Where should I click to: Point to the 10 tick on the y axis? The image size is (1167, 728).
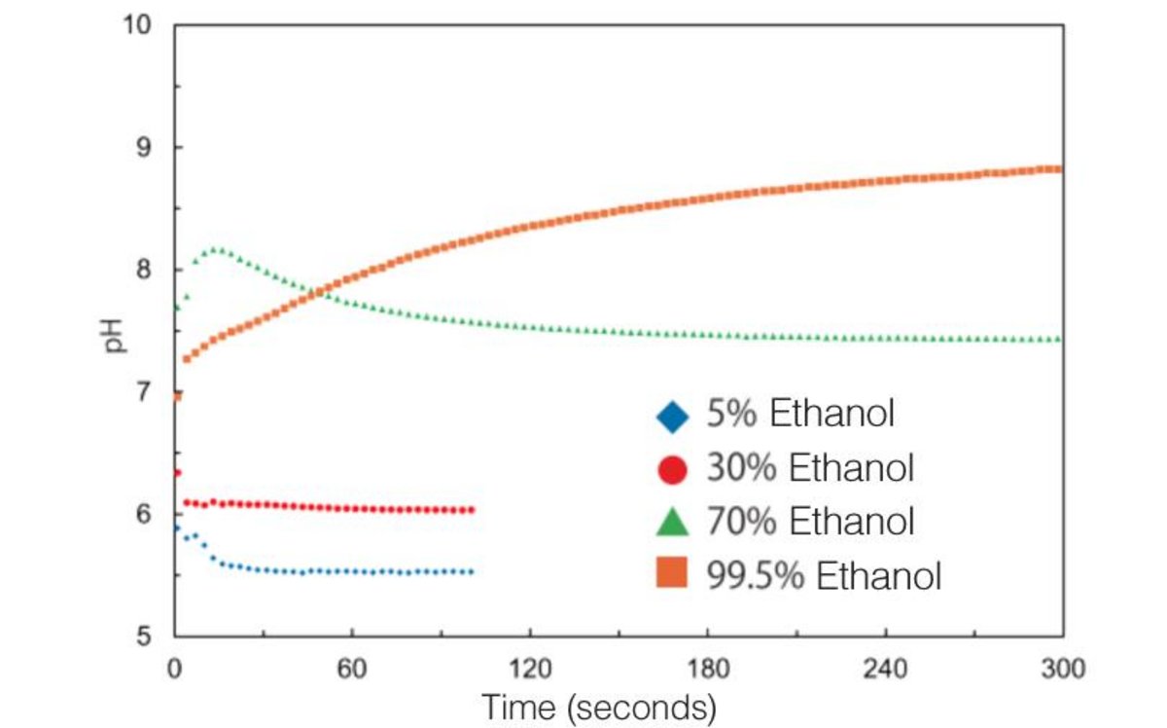coord(138,24)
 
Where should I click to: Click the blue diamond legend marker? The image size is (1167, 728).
coord(672,417)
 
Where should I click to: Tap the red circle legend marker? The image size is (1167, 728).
coord(672,470)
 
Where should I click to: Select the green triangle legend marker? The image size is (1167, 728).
coord(672,523)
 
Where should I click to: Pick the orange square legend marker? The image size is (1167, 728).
coord(672,575)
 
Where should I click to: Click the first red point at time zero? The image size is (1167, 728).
coord(176,473)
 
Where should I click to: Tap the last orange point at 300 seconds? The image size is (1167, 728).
coord(1059,168)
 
